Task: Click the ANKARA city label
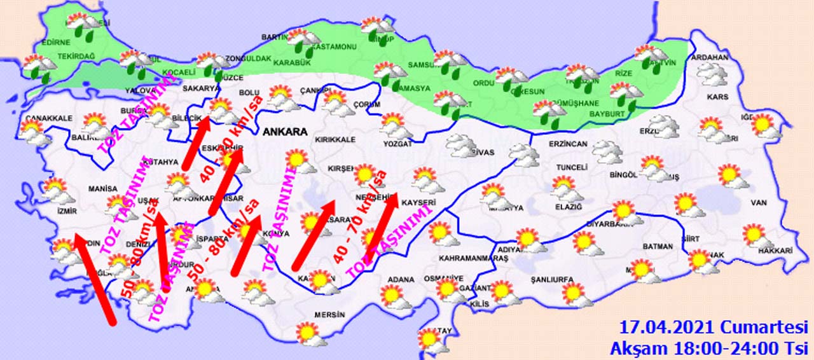[x=284, y=132]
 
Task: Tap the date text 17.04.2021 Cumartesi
[x=710, y=328]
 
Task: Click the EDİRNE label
[x=53, y=43]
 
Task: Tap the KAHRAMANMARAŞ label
[x=465, y=258]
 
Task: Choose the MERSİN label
[x=329, y=314]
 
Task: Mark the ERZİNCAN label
[x=568, y=144]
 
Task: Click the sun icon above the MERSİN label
[x=308, y=333]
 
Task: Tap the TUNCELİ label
[x=571, y=167]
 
